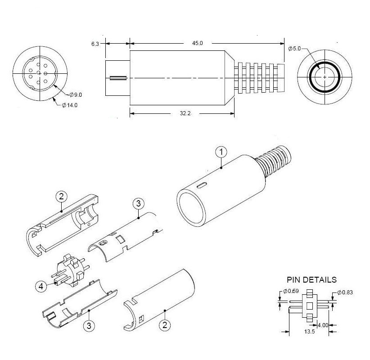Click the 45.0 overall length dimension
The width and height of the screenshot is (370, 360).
point(198,43)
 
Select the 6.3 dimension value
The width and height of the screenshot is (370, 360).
point(95,44)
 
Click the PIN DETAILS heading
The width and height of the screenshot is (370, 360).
point(311,279)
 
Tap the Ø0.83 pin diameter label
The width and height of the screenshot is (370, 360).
point(344,292)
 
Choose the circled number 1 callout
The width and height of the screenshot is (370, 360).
point(221,152)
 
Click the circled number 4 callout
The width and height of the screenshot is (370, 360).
point(41,285)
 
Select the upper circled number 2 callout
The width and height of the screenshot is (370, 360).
point(62,196)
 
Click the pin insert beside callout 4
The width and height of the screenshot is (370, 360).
point(70,273)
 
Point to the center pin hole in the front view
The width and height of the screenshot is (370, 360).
point(40,73)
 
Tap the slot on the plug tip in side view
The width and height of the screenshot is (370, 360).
point(118,78)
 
